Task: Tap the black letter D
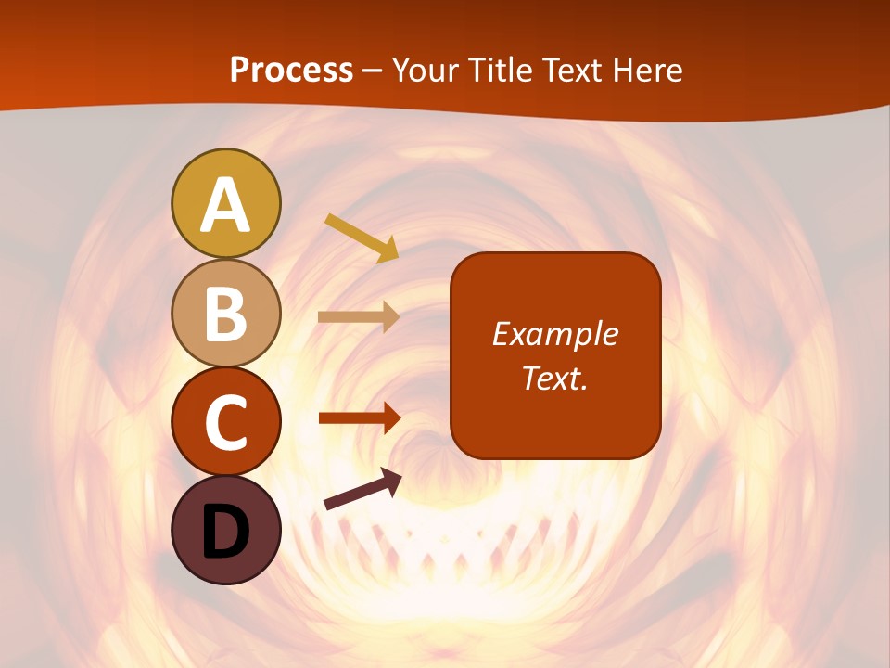(x=225, y=532)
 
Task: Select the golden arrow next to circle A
(x=362, y=238)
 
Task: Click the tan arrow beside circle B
(x=359, y=316)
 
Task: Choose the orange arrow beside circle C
(x=359, y=417)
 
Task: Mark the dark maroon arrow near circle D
(x=362, y=489)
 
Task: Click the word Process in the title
(x=291, y=70)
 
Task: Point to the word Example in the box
(x=554, y=334)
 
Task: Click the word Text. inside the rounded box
(x=554, y=378)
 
